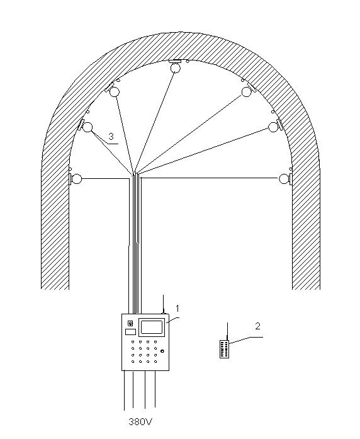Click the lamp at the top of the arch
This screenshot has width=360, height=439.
click(x=176, y=68)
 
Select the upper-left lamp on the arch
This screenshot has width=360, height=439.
click(x=115, y=92)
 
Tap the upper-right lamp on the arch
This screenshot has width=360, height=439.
click(x=247, y=92)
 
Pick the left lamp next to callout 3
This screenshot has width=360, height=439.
click(x=87, y=127)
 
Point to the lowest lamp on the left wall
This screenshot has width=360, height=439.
click(x=76, y=178)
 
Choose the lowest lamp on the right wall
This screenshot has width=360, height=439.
click(x=284, y=178)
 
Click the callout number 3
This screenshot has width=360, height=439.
click(x=111, y=137)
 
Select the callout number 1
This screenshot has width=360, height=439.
click(x=177, y=309)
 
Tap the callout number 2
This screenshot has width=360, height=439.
click(x=257, y=326)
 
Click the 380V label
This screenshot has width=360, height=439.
click(x=141, y=421)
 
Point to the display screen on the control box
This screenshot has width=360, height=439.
click(x=152, y=328)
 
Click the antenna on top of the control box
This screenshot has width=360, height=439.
click(x=164, y=304)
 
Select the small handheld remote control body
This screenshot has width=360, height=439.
click(x=224, y=349)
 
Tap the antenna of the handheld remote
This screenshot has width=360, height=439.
click(x=227, y=331)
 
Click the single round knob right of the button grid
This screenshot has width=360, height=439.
click(x=162, y=351)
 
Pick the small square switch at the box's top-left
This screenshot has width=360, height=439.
click(x=130, y=324)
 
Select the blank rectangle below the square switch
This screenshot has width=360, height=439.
click(x=130, y=332)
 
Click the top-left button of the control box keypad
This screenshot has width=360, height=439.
click(x=133, y=341)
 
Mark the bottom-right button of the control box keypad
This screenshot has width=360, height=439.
click(x=155, y=362)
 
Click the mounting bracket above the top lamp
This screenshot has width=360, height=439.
click(x=175, y=61)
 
